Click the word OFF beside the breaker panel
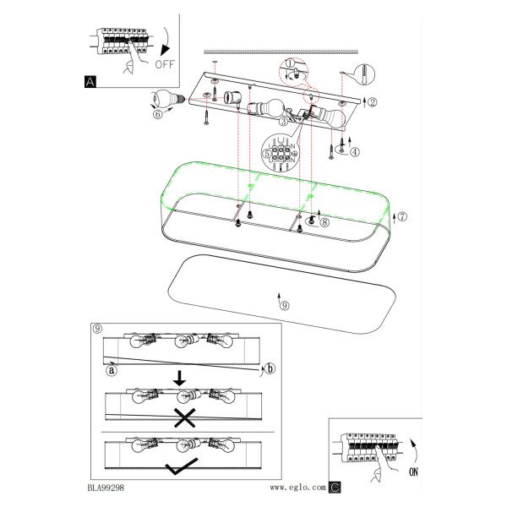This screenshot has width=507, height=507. coord(165,64)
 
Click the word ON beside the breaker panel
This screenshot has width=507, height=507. coord(413,472)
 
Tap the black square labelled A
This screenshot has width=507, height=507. coord(90,81)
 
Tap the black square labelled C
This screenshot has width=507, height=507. coord(335,487)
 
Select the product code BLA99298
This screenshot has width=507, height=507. coord(106,488)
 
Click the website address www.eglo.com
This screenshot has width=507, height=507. coord(297,488)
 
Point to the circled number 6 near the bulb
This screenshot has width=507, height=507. coord(157,114)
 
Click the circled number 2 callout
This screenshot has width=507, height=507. coord(373,102)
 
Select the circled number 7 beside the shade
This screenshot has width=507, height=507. coord(402,216)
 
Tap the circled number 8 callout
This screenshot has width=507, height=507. coord(324,222)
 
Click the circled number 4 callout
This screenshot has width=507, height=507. coord(355,151)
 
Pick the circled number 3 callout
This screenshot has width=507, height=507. coord(283,121)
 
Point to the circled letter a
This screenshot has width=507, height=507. coord(112,370)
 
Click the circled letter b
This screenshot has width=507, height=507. coord(270,368)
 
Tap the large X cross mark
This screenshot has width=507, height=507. coord(184,417)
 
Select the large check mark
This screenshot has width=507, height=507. coord(181,466)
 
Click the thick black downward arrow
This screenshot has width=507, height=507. coord(179,378)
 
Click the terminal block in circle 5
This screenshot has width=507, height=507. coord(281,154)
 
